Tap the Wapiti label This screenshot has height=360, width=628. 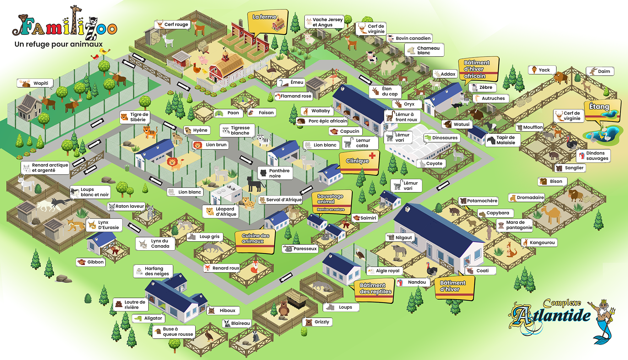tap(35, 83)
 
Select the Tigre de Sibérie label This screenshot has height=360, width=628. tap(135, 117)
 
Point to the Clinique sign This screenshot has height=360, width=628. tap(360, 162)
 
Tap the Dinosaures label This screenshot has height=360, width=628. tap(442, 138)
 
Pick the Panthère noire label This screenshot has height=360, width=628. tap(275, 173)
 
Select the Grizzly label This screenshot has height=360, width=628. tap(317, 322)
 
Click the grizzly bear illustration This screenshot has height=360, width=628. tap(284, 308)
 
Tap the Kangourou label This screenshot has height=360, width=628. tap(539, 243)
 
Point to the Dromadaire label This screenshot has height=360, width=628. tap(527, 198)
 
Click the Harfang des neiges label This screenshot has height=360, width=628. tap(153, 271)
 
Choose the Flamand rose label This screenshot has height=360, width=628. tap(293, 96)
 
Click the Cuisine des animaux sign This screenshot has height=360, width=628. tap(255, 241)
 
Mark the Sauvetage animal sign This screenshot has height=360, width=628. tap(332, 202)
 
